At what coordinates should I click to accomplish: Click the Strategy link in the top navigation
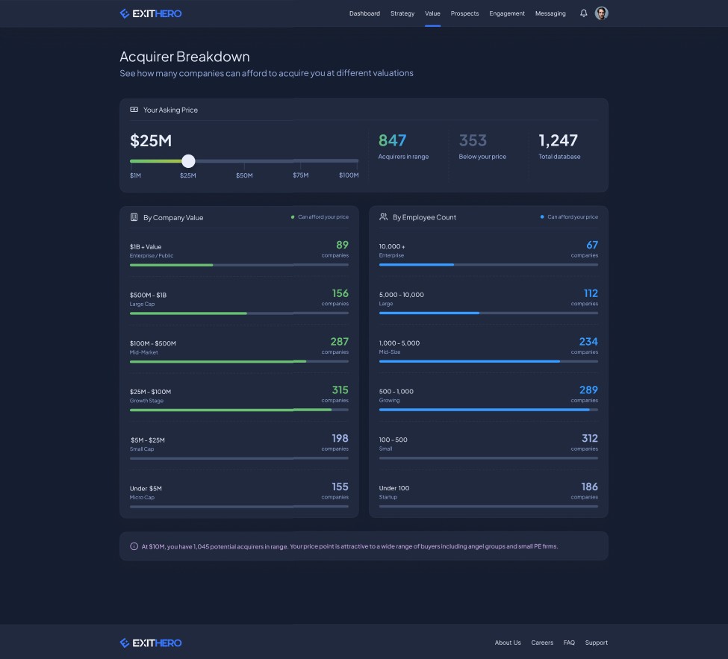click(402, 13)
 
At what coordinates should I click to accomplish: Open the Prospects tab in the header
click(464, 13)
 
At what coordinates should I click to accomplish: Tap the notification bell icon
click(584, 13)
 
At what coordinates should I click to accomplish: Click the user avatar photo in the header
click(601, 13)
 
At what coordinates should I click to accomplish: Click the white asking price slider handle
click(188, 161)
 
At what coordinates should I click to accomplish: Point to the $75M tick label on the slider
click(300, 175)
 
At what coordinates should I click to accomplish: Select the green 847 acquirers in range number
click(392, 140)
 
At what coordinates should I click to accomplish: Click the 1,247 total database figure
click(558, 140)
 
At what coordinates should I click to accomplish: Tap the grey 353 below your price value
click(473, 140)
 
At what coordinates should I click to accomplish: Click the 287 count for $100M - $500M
click(340, 342)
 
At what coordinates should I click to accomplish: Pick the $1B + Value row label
click(146, 247)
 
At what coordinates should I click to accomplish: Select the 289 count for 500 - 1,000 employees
click(588, 390)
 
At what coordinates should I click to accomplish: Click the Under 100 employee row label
click(393, 488)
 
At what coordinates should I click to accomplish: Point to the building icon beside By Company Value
click(134, 217)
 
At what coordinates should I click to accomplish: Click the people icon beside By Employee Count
click(383, 216)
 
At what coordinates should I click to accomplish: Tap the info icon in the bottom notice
click(134, 546)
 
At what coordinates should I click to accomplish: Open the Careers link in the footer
click(542, 643)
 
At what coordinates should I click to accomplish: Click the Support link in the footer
click(596, 643)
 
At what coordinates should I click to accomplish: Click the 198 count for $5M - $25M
click(340, 438)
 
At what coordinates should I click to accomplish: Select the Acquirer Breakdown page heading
click(184, 57)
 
